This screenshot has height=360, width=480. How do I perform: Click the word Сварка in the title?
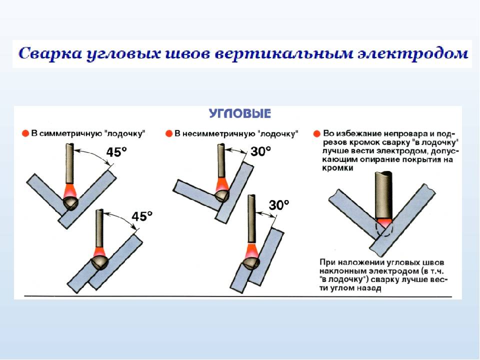(x=51, y=54)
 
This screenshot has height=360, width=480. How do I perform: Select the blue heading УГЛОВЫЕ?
(x=240, y=113)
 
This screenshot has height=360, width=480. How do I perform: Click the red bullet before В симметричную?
(x=25, y=133)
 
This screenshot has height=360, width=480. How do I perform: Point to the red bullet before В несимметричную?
(x=168, y=133)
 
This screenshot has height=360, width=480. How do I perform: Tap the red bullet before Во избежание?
(x=317, y=133)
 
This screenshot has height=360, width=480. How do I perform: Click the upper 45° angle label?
(x=116, y=152)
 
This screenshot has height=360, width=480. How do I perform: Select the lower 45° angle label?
(x=141, y=216)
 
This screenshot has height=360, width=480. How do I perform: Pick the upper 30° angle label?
(x=260, y=151)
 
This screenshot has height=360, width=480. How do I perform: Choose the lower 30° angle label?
(x=279, y=204)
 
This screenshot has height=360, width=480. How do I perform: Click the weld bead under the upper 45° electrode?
(x=71, y=203)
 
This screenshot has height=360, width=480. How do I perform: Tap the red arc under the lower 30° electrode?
(x=251, y=250)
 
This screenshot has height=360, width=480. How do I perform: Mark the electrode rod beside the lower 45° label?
(x=99, y=228)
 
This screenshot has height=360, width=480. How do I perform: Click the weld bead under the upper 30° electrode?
(x=221, y=195)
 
